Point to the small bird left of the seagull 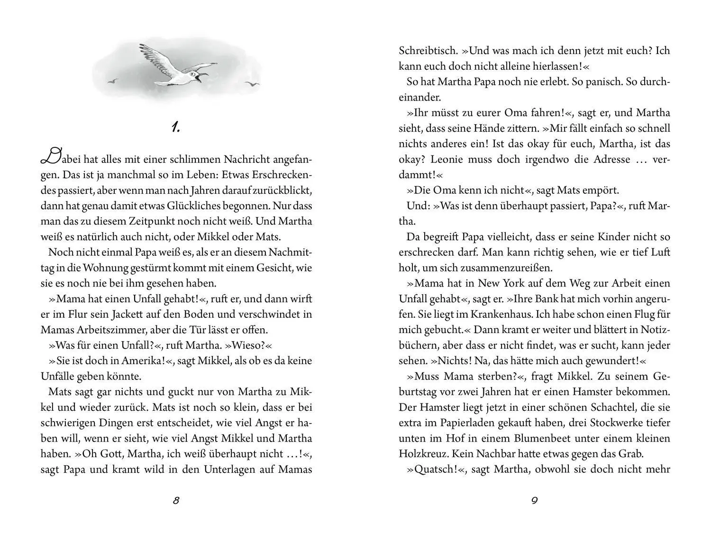click(112, 81)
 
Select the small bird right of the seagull click(253, 84)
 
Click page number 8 click(176, 501)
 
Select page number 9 click(534, 501)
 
